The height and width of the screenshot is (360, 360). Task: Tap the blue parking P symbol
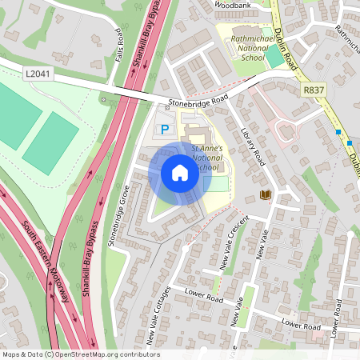[x=166, y=129]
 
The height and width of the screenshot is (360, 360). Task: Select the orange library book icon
[x=266, y=194]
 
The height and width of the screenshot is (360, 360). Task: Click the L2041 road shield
[x=37, y=74]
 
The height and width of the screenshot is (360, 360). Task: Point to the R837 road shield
[x=313, y=91]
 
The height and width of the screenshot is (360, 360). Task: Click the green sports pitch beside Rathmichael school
[x=274, y=56]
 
